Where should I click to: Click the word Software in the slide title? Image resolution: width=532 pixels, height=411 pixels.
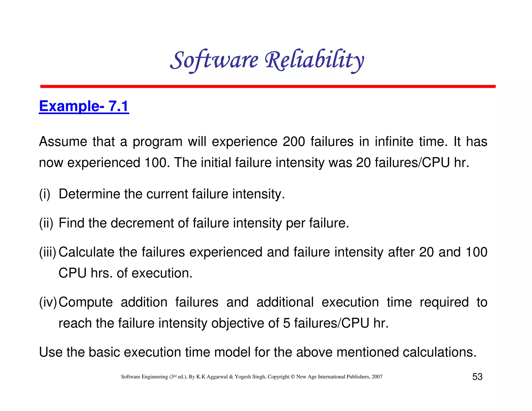coord(214,60)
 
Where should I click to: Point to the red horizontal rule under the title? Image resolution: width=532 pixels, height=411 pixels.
coord(268,86)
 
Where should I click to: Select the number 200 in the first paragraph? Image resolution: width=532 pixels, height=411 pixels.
coord(294,142)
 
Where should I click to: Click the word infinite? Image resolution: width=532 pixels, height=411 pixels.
coord(394,142)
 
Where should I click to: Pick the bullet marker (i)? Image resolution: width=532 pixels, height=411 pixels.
coord(45,194)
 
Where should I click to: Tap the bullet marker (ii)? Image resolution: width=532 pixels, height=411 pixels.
coord(46,223)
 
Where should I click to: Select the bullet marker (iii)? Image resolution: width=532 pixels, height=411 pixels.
coord(48,252)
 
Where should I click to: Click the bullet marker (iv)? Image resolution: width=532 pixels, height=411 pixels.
coord(48,302)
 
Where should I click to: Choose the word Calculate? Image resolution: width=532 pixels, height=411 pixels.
coord(86,252)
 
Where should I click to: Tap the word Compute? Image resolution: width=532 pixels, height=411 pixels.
coord(86,302)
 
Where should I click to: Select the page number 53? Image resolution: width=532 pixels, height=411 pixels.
coord(477,377)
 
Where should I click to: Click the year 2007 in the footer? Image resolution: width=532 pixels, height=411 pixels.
coord(377,377)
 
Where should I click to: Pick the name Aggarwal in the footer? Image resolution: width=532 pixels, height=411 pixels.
coord(217,377)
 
